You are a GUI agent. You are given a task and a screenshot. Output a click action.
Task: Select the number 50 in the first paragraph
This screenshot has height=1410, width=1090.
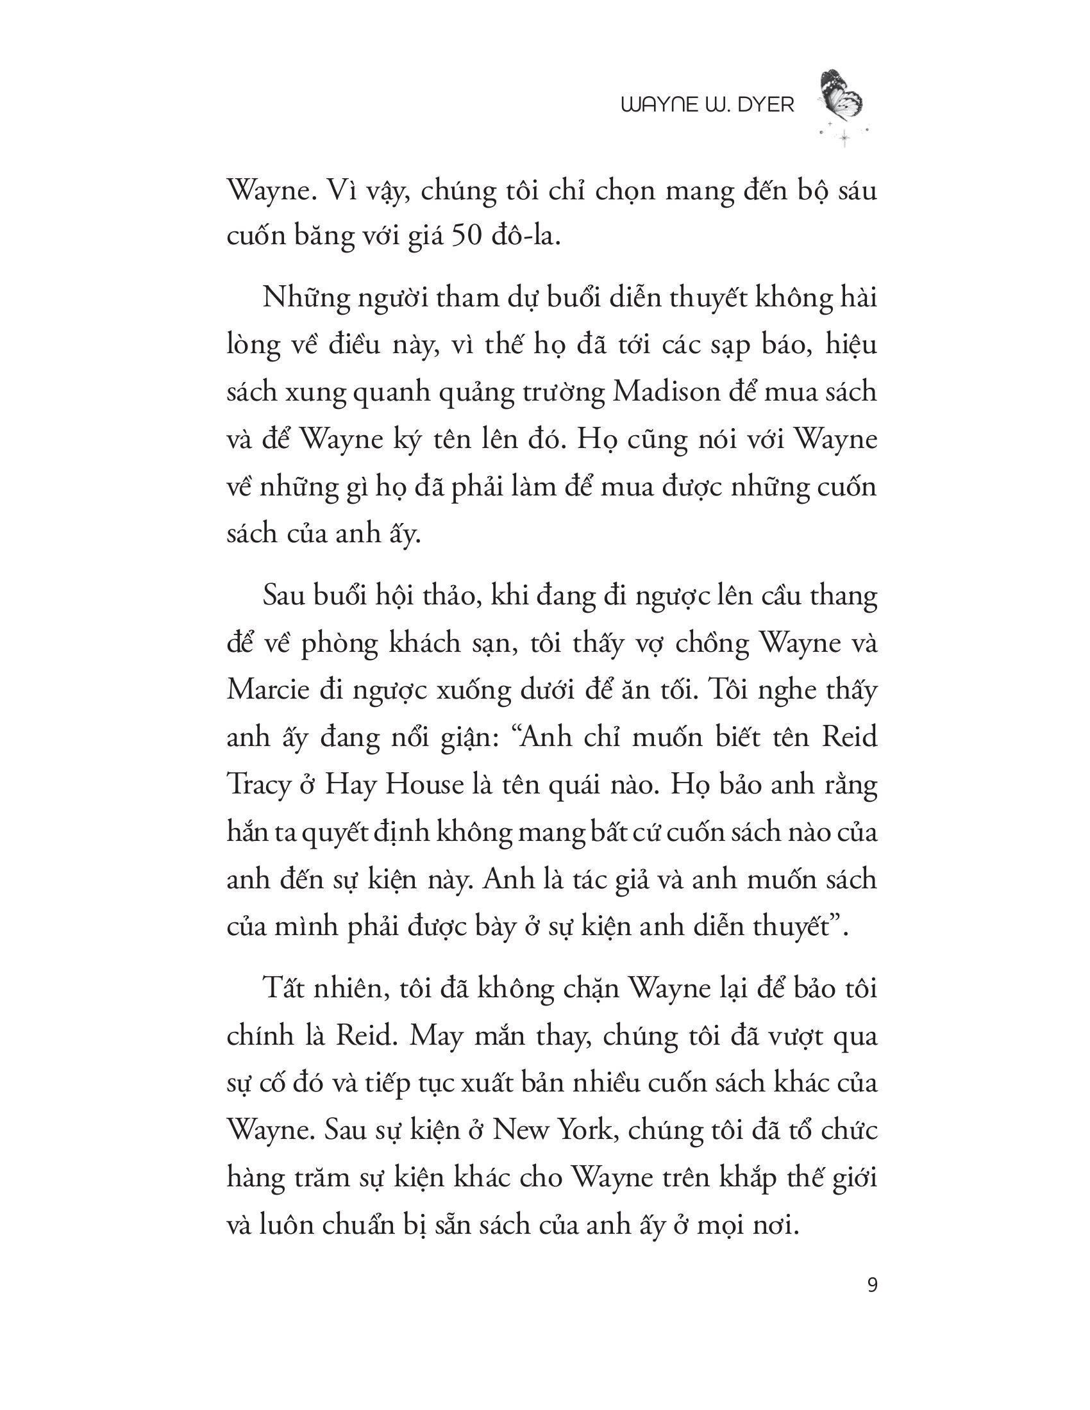(x=467, y=237)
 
